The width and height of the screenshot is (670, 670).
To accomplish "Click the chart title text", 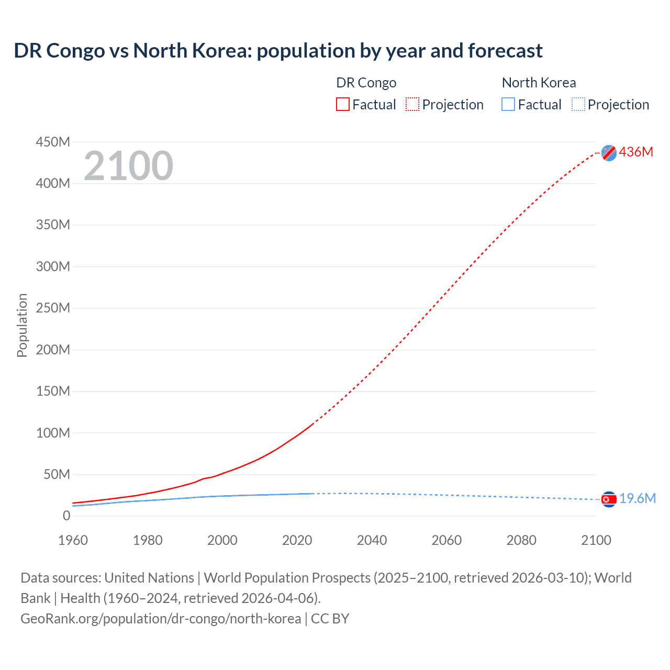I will (x=278, y=51).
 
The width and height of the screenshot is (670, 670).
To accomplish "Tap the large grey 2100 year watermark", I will (x=128, y=166).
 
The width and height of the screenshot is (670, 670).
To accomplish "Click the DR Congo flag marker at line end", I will (x=609, y=153).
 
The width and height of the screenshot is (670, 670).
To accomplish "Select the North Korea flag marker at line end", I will (x=609, y=499).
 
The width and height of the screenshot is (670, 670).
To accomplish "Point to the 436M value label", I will (x=636, y=152).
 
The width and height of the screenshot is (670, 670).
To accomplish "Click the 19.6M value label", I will (x=638, y=498).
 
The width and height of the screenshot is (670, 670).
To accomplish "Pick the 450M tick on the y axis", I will (x=53, y=142).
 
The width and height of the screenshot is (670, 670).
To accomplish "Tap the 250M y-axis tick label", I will (x=53, y=308).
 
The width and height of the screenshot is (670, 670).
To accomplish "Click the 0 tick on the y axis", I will (x=66, y=516).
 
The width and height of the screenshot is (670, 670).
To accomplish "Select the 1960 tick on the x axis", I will (x=73, y=540).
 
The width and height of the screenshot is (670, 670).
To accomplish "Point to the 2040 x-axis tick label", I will (x=372, y=540).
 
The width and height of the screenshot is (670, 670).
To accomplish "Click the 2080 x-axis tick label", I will (x=521, y=540).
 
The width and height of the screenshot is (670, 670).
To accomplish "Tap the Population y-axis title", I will (x=22, y=325).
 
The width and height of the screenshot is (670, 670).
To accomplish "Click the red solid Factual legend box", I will (x=343, y=104).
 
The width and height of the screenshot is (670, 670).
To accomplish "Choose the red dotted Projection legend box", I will (x=412, y=104).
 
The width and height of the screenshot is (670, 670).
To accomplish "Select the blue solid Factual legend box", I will (x=508, y=104).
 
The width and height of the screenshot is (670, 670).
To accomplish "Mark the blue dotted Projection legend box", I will (x=578, y=104).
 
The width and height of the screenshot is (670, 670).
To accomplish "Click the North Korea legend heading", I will (x=539, y=83).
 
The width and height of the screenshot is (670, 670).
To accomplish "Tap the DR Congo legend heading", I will (x=366, y=83).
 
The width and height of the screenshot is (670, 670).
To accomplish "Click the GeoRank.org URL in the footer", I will (x=161, y=618).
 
